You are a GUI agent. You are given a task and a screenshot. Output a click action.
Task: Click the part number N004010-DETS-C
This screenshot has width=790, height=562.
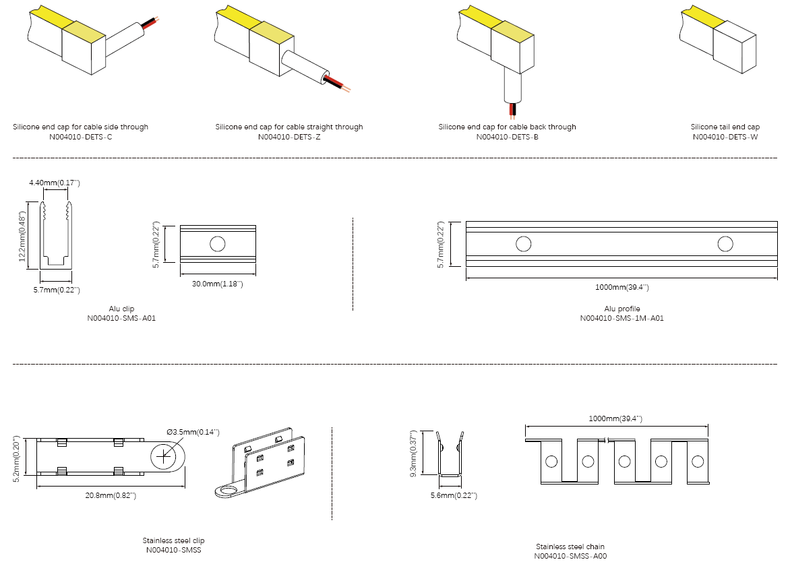point(80,137)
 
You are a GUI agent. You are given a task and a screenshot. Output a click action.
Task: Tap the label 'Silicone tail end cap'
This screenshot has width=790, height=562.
point(725,127)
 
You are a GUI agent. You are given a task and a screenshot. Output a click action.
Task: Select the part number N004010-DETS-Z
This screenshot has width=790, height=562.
point(289,137)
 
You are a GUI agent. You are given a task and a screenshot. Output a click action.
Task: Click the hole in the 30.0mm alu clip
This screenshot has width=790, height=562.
point(217,244)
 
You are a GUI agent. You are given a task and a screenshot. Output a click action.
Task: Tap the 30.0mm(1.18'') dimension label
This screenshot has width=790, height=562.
point(218,284)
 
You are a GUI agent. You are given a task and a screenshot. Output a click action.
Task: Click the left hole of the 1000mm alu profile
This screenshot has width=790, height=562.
point(524,244)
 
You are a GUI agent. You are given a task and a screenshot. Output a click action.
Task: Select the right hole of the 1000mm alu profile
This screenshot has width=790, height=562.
point(725,244)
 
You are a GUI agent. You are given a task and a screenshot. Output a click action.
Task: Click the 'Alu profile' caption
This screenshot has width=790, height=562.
point(621,309)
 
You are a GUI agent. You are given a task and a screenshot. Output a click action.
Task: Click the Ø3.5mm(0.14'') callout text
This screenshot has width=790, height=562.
point(193,432)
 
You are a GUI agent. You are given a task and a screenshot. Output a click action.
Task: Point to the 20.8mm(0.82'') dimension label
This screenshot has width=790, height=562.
point(111,496)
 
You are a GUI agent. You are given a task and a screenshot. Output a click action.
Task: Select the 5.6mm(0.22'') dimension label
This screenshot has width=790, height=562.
point(454,496)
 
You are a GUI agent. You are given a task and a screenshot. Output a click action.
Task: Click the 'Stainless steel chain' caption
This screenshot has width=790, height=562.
point(570,547)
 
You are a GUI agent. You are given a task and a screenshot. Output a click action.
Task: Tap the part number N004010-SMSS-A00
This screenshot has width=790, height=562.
point(570,557)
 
